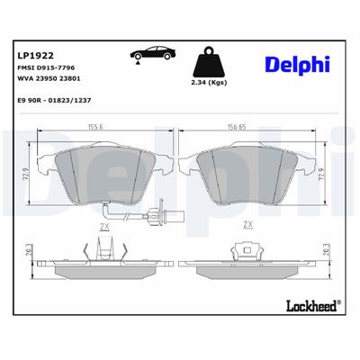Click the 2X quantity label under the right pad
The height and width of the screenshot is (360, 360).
247,226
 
